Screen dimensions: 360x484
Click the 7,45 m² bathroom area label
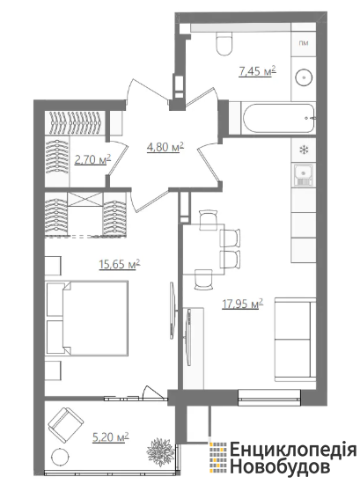click(x=257, y=71)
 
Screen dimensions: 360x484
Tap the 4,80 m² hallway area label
click(x=165, y=147)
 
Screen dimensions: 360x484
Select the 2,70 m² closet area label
click(x=92, y=159)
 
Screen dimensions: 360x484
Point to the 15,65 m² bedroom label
click(x=120, y=264)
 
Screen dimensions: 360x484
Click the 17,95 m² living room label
click(x=243, y=304)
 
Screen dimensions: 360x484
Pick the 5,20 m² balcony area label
click(x=111, y=437)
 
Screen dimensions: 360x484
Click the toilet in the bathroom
click(x=224, y=43)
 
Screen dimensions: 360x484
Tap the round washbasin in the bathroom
click(x=305, y=77)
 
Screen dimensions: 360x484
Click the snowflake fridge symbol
click(x=305, y=150)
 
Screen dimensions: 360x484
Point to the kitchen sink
click(x=304, y=175)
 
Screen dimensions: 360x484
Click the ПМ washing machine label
click(x=304, y=43)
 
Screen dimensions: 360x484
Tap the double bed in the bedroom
click(x=87, y=319)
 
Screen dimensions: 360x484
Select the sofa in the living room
click(x=295, y=339)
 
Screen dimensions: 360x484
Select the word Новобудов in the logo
click(x=279, y=466)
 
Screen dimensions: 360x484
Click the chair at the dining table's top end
click(x=209, y=220)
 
